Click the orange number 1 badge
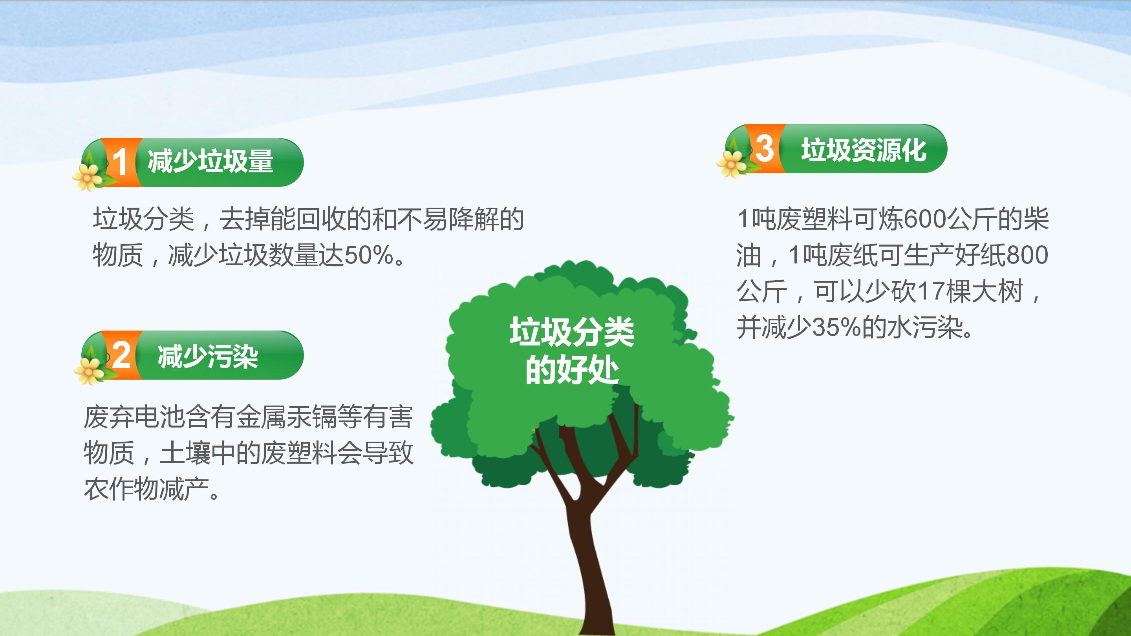coord(120,162)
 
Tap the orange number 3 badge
coord(764,148)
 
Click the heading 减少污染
coord(207,356)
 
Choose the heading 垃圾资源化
coord(864,150)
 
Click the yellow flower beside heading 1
coord(88,177)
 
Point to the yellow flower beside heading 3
coord(732,163)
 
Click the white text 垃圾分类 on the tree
coord(572,332)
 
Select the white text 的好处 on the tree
coord(572,369)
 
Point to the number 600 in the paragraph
coord(925,219)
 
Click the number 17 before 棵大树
coord(932,291)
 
